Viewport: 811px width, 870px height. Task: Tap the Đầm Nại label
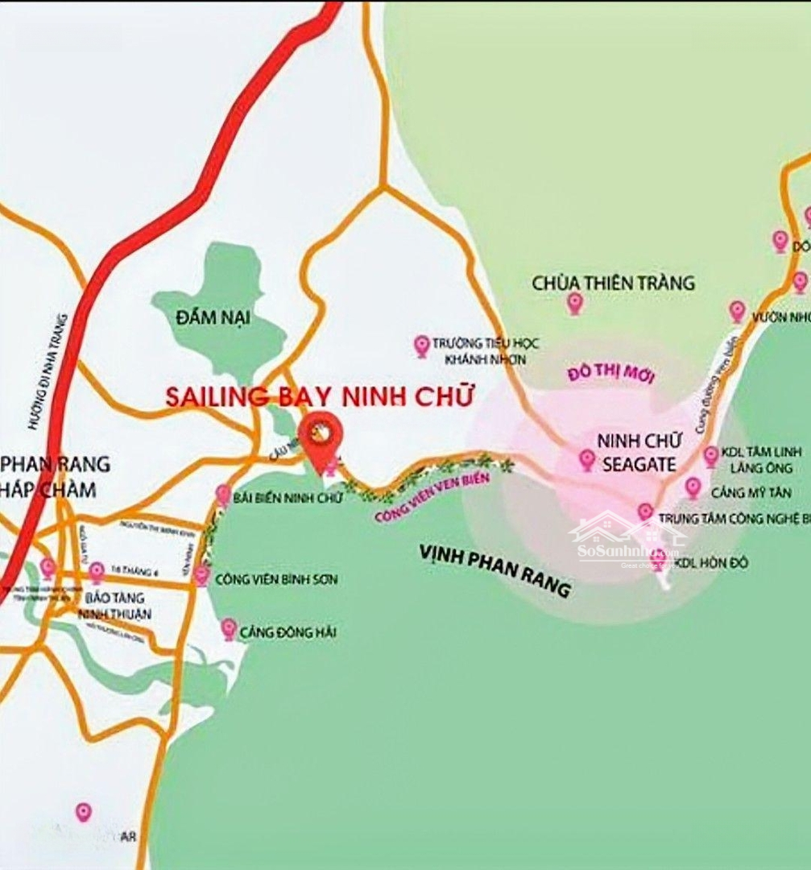click(213, 317)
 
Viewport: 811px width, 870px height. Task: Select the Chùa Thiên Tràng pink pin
click(575, 303)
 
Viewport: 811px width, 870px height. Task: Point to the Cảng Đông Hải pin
click(230, 629)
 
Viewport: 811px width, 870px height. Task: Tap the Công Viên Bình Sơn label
click(276, 579)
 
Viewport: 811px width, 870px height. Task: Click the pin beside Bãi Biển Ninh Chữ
click(223, 495)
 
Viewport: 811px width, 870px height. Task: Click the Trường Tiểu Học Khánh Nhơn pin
click(421, 346)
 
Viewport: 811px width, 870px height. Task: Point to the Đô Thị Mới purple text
click(610, 375)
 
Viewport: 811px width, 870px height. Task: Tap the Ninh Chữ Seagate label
click(640, 453)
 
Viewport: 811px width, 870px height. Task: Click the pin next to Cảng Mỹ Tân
click(693, 487)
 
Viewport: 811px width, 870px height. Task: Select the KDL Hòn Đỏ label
click(710, 562)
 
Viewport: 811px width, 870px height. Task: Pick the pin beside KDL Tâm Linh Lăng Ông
click(711, 456)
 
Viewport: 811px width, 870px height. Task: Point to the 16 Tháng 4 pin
click(97, 572)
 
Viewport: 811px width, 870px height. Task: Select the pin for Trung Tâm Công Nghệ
click(645, 512)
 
